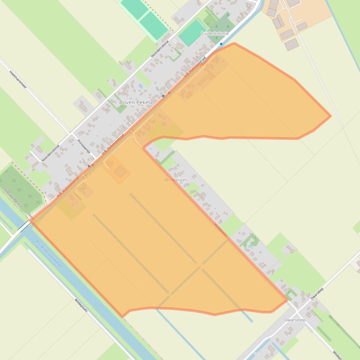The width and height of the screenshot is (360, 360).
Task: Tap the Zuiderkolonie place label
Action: pos(214,34)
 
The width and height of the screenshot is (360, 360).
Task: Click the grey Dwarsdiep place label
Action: pos(294,320)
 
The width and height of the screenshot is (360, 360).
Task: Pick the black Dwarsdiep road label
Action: pos(316,294)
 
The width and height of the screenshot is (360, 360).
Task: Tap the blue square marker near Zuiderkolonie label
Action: pos(221,44)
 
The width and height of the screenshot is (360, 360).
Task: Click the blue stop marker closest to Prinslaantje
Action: pos(89,166)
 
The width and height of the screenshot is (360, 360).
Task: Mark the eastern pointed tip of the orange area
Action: pos(331,116)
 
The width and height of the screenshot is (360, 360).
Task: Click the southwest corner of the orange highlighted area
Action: pos(123,317)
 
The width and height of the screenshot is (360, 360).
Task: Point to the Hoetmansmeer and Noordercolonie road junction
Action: pos(70,134)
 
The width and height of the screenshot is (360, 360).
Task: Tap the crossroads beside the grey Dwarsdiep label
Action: pos(297,309)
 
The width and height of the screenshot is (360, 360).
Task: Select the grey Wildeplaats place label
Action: pos(176,180)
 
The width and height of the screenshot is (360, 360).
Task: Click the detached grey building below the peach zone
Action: pos(292,44)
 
